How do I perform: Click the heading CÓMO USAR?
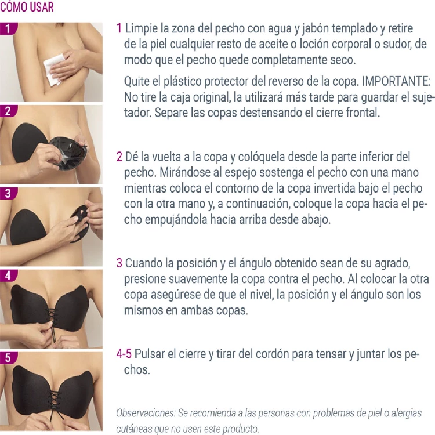(27, 6)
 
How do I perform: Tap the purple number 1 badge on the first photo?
(8, 28)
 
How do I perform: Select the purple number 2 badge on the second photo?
(8, 111)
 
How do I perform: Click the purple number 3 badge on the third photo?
(8, 193)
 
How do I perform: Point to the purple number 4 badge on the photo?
(8, 275)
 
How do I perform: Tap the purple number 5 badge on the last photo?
(8, 358)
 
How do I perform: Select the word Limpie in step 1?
(142, 28)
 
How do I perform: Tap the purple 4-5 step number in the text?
(124, 354)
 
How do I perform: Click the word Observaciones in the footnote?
(146, 413)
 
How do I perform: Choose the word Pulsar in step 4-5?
(150, 354)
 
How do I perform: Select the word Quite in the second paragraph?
(136, 81)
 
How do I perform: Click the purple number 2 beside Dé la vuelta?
(119, 157)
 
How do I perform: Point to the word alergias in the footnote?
(407, 414)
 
